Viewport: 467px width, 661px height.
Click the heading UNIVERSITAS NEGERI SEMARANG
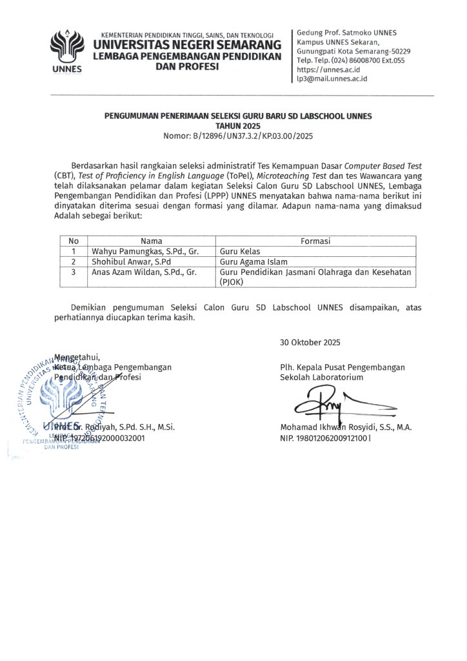tap(187, 45)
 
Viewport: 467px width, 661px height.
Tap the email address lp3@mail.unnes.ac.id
tap(332, 77)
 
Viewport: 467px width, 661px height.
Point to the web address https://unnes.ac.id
tap(328, 68)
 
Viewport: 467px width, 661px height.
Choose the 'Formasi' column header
tap(315, 241)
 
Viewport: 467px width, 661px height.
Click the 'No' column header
tap(74, 241)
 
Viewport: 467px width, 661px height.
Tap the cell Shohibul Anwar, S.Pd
tap(131, 261)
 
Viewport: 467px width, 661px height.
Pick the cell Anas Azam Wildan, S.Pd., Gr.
tap(144, 272)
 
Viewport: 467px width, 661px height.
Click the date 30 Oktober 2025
tap(310, 342)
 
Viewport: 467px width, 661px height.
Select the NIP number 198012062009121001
tap(326, 438)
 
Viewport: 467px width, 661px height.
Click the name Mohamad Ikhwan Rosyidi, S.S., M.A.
tap(346, 427)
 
